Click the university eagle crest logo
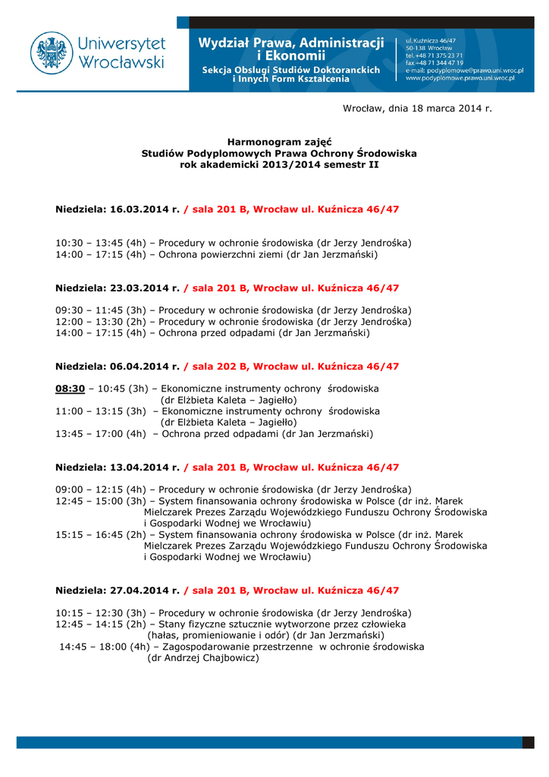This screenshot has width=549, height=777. point(52,52)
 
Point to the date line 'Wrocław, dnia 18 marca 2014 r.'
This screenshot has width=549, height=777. point(417,108)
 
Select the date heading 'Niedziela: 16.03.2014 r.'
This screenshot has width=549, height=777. point(118,209)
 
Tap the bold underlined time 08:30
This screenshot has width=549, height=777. point(70,388)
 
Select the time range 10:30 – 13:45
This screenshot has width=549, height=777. point(89,243)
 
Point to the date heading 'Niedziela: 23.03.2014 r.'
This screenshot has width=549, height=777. point(118,288)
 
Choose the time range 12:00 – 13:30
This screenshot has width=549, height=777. point(89,322)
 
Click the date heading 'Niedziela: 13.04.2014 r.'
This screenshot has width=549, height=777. point(118,467)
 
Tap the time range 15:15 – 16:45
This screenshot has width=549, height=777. point(89,534)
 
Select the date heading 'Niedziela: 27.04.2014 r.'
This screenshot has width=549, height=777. point(118,590)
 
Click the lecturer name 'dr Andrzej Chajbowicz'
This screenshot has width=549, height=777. point(202,658)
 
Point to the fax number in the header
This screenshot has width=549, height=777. point(434,62)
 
